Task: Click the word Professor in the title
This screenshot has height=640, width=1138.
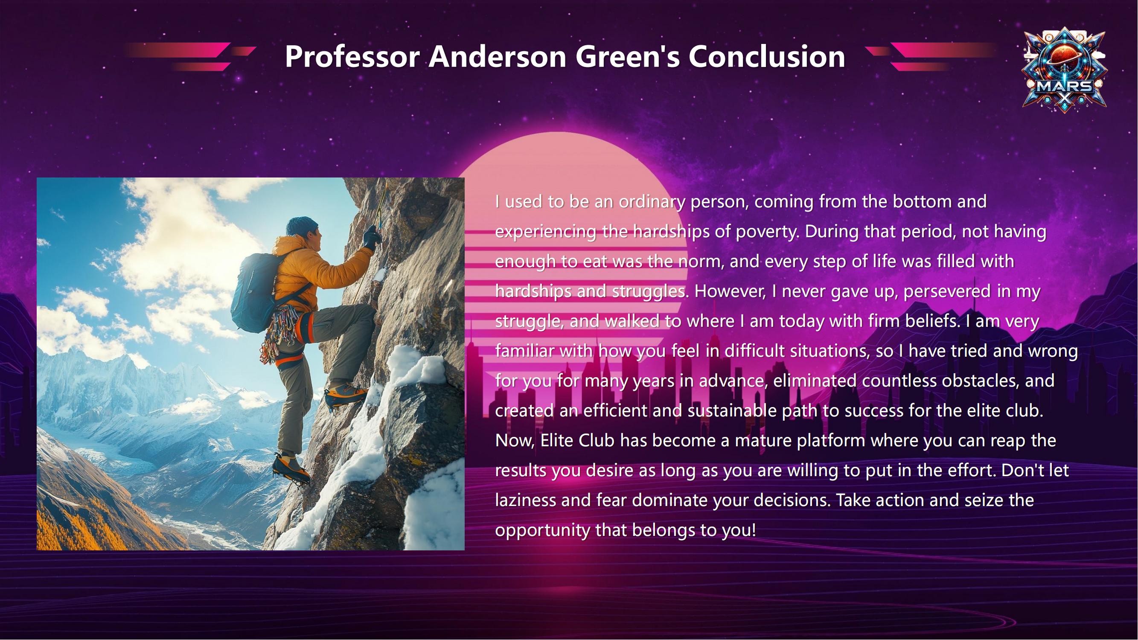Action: tap(352, 57)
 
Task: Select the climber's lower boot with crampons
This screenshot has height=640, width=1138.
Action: tap(291, 468)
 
